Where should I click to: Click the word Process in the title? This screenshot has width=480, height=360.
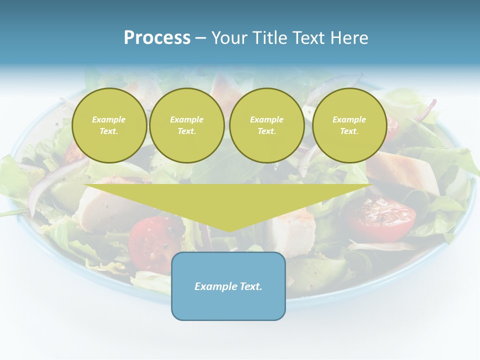point(157,38)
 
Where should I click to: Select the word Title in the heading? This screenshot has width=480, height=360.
point(272,38)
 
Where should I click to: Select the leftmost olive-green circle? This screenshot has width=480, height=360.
point(109,125)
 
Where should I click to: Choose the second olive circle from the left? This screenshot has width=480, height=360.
point(187,125)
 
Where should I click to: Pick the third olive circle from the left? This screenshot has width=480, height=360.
point(267,125)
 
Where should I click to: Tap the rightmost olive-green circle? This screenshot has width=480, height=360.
point(349,125)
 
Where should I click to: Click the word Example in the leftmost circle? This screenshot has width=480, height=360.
point(109,119)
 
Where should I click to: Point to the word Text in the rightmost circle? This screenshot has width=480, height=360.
point(349,131)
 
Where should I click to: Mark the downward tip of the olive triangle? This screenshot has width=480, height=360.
point(228,231)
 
